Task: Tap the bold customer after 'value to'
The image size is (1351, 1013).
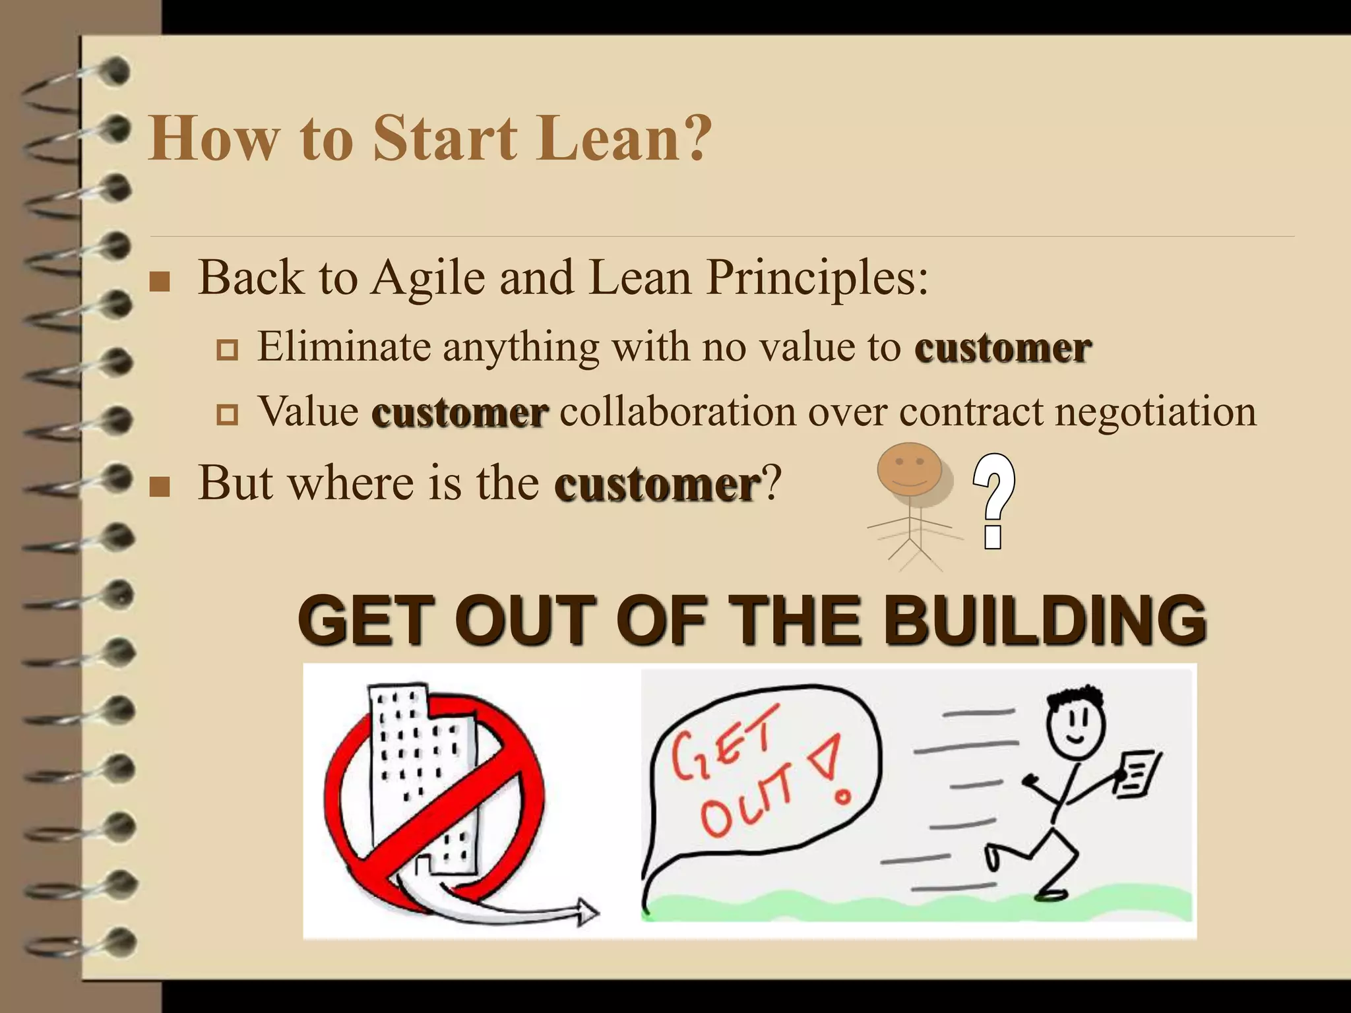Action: [x=1003, y=348]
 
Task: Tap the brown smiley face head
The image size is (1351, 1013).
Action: [x=909, y=469]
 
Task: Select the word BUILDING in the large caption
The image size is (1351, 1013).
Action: [x=1045, y=620]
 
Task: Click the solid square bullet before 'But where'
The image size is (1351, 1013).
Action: [x=160, y=487]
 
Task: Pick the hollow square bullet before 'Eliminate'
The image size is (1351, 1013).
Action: [x=227, y=350]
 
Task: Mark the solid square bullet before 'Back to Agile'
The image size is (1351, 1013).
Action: [x=160, y=282]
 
